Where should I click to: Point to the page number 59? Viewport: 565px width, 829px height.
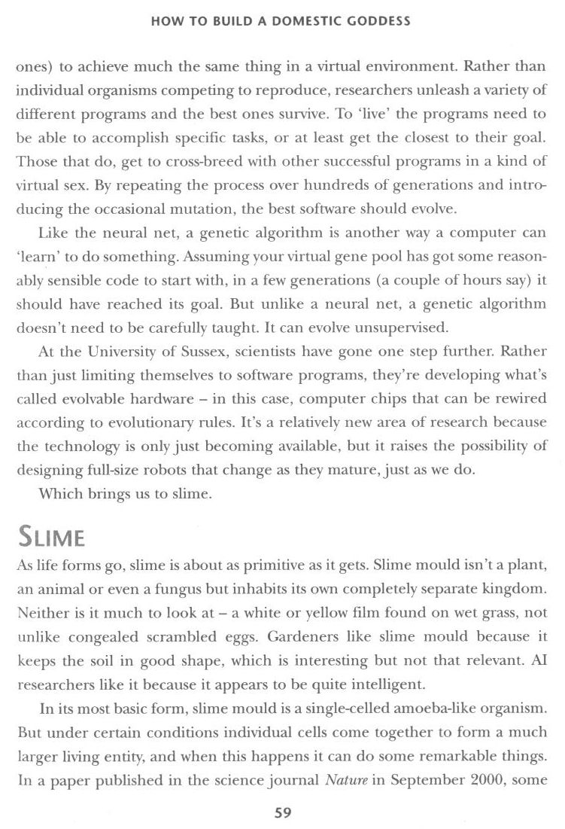point(282,812)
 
